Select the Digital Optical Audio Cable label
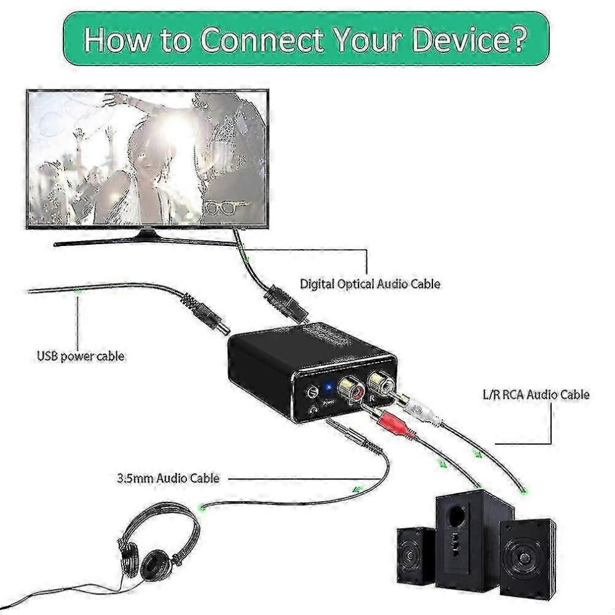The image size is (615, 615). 370,284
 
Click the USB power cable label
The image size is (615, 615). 80,357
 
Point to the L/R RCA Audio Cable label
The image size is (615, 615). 535,394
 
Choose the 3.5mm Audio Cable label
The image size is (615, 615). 168,478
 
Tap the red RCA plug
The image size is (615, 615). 393,425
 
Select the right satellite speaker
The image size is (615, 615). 527,556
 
